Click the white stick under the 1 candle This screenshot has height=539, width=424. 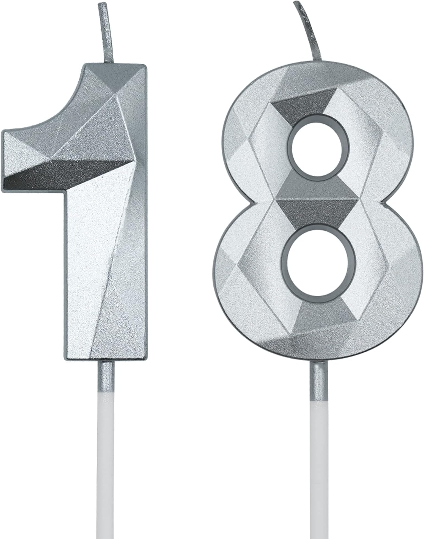pos(106,467)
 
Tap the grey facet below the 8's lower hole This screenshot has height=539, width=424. pos(322,313)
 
